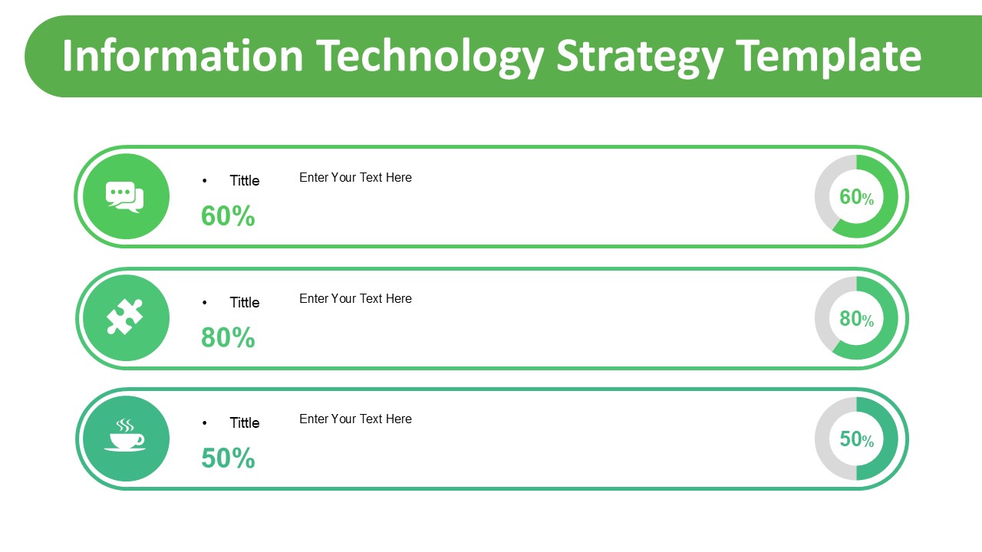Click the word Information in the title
coord(183,56)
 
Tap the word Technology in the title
coord(430,56)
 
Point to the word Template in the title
coord(829,56)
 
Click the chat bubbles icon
coord(125,197)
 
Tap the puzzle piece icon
coord(125,317)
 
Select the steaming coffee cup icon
coord(125,437)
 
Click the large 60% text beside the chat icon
coord(228,216)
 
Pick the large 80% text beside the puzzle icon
coord(228,337)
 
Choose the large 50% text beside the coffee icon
coord(228,458)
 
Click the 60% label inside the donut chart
coord(856,197)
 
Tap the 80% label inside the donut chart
coord(856,318)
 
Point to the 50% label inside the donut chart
coord(856,439)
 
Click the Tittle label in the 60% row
coord(245,181)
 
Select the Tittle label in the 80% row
coord(245,302)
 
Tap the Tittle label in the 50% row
coord(245,422)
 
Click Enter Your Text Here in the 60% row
coord(355,177)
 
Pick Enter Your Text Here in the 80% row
coord(355,298)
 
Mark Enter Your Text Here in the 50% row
coord(355,419)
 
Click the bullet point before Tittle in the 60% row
coord(205,181)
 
